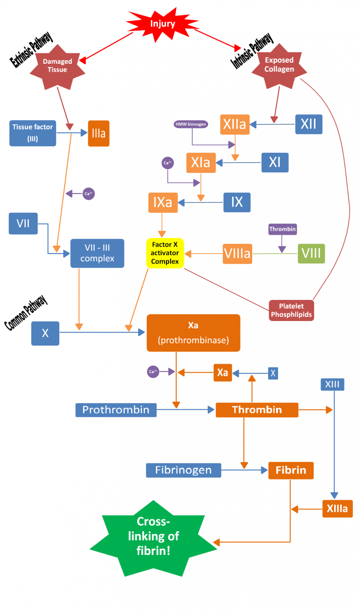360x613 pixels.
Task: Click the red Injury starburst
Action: (x=162, y=23)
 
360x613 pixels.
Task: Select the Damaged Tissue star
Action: (x=58, y=66)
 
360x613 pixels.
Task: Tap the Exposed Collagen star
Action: (x=279, y=65)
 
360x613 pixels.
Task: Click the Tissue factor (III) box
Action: (x=32, y=133)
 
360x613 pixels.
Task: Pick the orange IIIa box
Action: (x=98, y=134)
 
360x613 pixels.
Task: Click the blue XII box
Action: (x=308, y=124)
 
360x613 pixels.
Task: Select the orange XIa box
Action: (x=201, y=163)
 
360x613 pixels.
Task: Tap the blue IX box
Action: (x=237, y=202)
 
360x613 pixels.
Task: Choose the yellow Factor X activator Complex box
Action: (x=165, y=253)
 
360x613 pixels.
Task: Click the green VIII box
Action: (x=311, y=253)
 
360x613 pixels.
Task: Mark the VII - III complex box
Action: (x=97, y=253)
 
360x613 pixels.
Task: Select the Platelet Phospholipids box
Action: (x=291, y=310)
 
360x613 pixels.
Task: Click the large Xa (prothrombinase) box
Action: (x=193, y=333)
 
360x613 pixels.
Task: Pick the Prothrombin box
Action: (x=116, y=410)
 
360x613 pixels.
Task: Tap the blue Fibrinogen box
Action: (x=183, y=470)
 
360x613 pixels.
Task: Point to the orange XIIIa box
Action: (x=337, y=508)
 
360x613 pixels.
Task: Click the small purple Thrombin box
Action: (x=283, y=229)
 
